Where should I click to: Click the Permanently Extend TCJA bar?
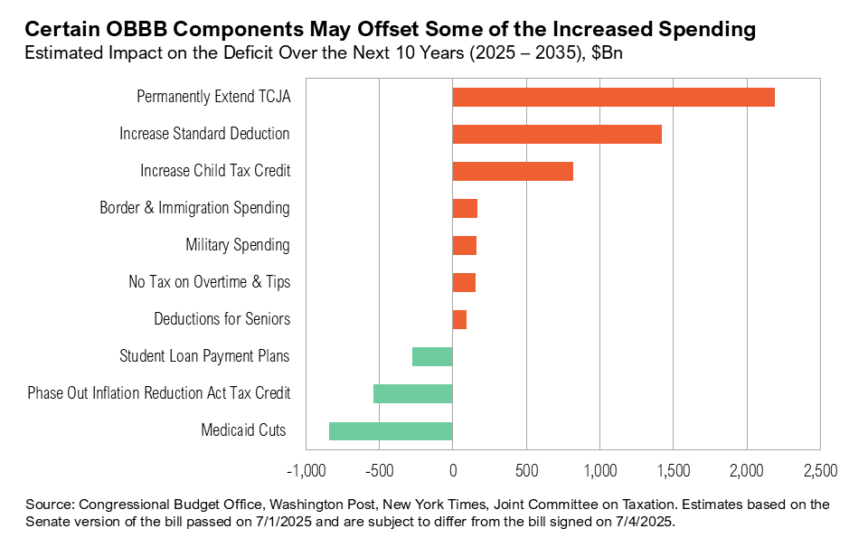click(613, 97)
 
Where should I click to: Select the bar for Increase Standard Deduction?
click(557, 134)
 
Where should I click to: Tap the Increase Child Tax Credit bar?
click(513, 171)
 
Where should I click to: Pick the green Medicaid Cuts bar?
click(391, 430)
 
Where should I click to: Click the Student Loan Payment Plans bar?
click(432, 356)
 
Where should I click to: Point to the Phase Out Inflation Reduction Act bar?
click(412, 393)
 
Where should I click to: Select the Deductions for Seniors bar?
click(459, 319)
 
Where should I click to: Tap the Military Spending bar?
click(464, 245)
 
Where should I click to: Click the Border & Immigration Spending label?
click(194, 208)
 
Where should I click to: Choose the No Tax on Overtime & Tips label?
click(210, 282)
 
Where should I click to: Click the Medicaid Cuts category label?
click(243, 430)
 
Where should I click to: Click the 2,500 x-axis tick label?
click(819, 471)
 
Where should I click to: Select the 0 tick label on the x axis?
click(452, 471)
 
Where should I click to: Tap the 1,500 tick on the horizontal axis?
click(673, 471)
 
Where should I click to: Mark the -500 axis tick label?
click(379, 471)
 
